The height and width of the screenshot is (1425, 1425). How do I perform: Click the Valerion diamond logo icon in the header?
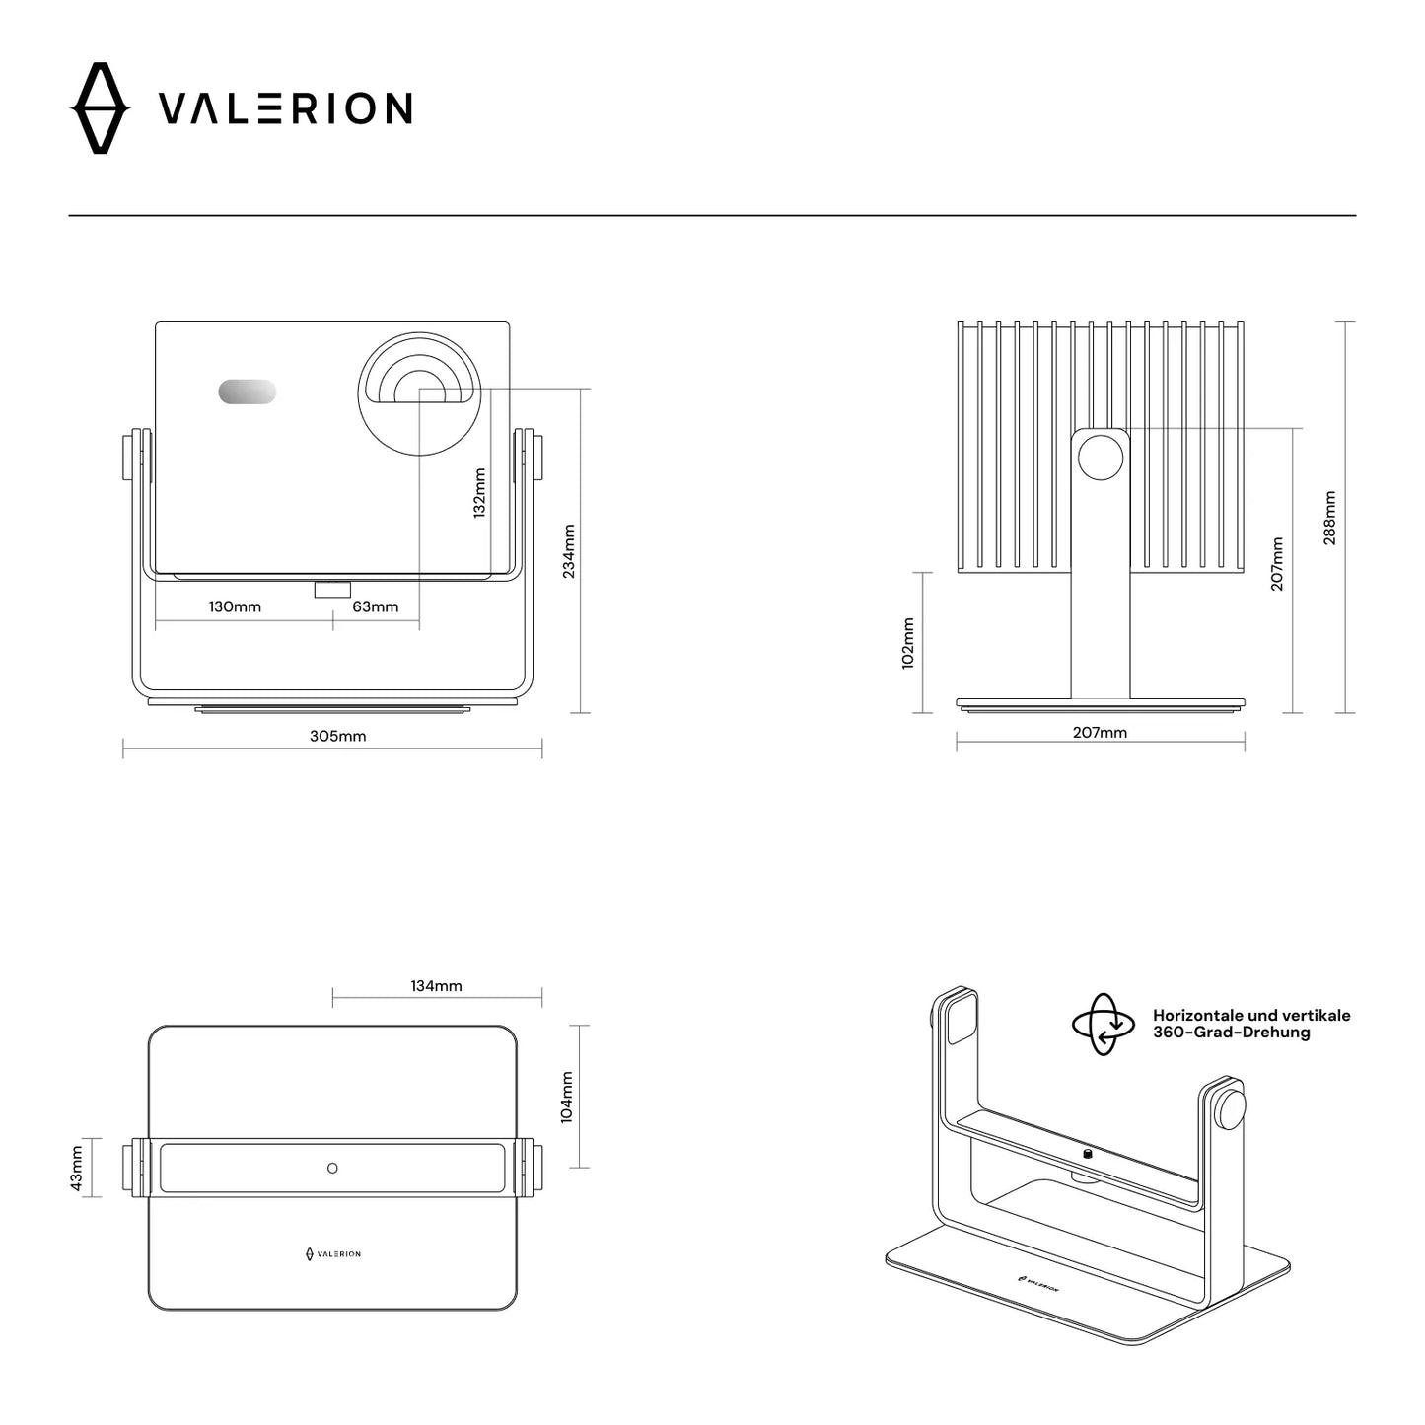click(x=100, y=108)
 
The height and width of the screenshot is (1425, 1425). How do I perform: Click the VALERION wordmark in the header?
click(x=286, y=108)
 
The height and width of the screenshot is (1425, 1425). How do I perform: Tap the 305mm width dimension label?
click(x=337, y=736)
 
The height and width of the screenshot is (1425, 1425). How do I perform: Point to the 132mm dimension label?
click(x=479, y=492)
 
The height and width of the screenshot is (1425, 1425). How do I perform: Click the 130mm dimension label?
click(x=235, y=606)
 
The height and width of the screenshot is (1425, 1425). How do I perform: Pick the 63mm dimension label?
click(x=376, y=606)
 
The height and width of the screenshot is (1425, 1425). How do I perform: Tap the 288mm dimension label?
click(x=1329, y=518)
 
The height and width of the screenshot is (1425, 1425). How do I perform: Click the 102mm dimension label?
click(x=908, y=643)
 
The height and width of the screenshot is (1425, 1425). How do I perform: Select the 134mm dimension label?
click(x=436, y=985)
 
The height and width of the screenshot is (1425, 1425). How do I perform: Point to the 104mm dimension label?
click(x=566, y=1097)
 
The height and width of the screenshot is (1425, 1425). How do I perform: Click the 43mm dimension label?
click(x=77, y=1168)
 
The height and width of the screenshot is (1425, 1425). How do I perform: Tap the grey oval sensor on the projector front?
click(x=247, y=392)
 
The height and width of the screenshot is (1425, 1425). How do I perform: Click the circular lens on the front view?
click(x=420, y=393)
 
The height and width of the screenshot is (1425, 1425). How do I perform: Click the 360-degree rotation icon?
click(x=1104, y=1025)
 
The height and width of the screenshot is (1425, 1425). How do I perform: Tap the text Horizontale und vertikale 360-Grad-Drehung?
click(x=1250, y=1024)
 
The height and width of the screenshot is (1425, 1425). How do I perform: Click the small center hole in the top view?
click(x=332, y=1168)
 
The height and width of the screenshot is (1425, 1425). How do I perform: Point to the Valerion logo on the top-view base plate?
click(x=332, y=1253)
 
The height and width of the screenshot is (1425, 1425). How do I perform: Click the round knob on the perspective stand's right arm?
click(x=1229, y=1108)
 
